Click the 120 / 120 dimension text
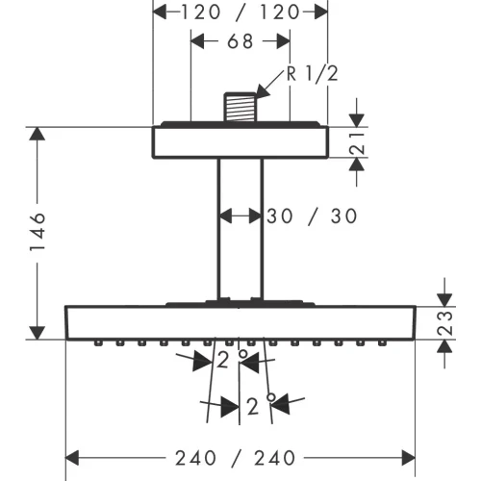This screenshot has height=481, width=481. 240,12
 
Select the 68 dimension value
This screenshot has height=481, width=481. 240,42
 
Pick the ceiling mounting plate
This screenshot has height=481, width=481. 240,141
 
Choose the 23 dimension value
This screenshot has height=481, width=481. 443,322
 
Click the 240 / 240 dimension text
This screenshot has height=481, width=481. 240,457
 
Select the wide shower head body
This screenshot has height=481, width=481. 240,321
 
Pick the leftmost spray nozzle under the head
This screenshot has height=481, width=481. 99,342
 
